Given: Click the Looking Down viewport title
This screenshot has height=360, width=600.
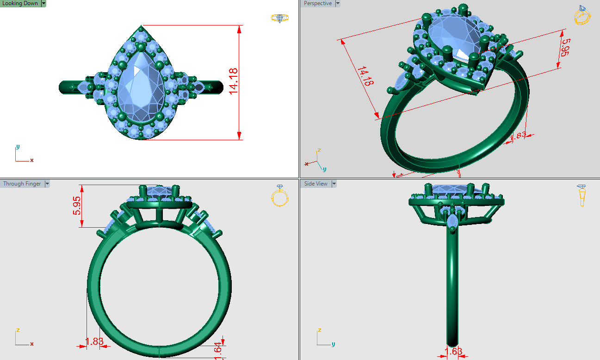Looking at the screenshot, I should point(20,3).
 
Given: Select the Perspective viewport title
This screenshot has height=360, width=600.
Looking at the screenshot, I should point(317,3).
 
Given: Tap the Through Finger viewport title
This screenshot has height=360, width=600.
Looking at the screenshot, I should point(22,184).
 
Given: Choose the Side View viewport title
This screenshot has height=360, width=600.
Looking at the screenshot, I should point(315,184).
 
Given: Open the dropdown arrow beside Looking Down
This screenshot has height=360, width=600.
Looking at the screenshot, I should point(43,3).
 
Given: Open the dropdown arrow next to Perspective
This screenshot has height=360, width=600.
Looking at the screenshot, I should point(337,3).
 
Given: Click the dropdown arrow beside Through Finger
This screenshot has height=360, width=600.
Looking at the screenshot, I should point(46,184).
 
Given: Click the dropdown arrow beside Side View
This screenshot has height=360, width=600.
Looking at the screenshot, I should point(334,184).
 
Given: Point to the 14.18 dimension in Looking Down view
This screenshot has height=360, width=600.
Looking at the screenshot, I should point(233,81).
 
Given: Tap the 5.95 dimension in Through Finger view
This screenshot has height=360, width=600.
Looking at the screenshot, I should point(76,206).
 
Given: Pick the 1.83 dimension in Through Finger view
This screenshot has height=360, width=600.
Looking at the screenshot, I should point(94,341).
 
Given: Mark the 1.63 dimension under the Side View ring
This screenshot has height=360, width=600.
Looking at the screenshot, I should point(454,352).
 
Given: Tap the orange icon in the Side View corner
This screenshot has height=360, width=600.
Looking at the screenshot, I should point(582,195).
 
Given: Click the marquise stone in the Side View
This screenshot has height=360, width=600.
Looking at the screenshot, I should point(452,221).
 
